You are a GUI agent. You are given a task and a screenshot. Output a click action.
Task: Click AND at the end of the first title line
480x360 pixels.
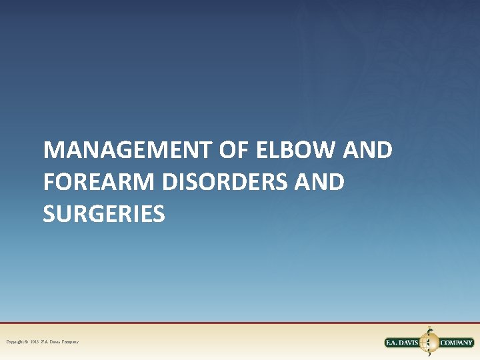click(x=367, y=151)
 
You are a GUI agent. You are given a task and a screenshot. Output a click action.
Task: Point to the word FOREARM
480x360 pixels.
click(x=89, y=182)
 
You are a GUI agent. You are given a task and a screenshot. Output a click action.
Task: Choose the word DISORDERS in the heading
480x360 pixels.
click(x=211, y=182)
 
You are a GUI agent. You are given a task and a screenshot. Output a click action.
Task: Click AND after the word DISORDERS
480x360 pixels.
click(x=319, y=182)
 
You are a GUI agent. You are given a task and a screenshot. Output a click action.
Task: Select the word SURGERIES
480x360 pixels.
click(x=103, y=213)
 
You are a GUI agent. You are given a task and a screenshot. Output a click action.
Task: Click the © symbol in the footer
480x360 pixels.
click(x=26, y=342)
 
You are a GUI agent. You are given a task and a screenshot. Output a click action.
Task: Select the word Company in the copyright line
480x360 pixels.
click(x=70, y=342)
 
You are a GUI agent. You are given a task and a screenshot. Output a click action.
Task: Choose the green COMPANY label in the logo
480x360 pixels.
click(x=456, y=343)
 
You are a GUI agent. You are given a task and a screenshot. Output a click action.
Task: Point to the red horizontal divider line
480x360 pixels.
click(x=240, y=323)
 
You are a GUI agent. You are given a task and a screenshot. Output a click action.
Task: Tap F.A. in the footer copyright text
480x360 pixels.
click(x=45, y=342)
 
